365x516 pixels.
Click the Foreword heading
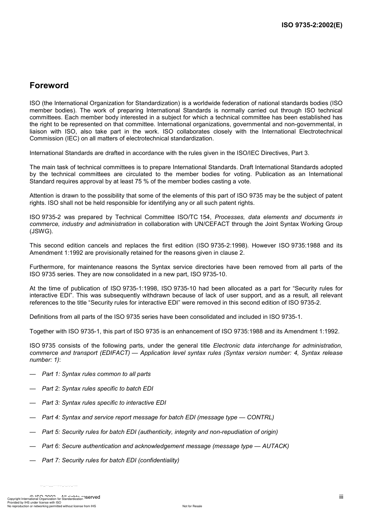pyautogui.click(x=49, y=86)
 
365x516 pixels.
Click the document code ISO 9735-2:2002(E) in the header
pyautogui.click(x=312, y=25)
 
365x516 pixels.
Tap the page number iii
pyautogui.click(x=341, y=497)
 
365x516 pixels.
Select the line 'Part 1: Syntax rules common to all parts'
pyautogui.click(x=96, y=374)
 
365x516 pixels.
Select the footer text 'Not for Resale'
pyautogui.click(x=192, y=506)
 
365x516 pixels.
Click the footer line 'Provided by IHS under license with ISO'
pyautogui.click(x=34, y=502)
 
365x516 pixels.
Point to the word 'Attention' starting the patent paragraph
pyautogui.click(x=42, y=196)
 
